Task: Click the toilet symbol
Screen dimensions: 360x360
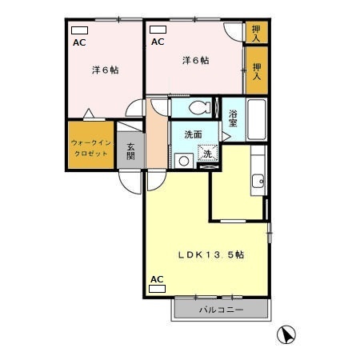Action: click(200, 107)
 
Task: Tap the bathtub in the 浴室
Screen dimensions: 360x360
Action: click(257, 119)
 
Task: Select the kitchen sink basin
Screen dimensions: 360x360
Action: click(258, 182)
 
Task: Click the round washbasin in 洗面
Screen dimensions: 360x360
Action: click(184, 161)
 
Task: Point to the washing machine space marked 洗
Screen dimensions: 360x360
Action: click(207, 153)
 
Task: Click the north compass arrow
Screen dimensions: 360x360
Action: click(286, 335)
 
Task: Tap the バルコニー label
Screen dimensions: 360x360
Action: click(222, 310)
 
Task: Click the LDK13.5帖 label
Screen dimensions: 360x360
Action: click(210, 255)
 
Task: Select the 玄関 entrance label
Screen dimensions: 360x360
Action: click(130, 151)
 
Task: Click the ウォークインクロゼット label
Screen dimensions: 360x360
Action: click(91, 148)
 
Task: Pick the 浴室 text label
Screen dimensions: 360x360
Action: click(233, 118)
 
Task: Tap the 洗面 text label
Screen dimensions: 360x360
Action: click(193, 134)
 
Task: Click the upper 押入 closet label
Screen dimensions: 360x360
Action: click(256, 34)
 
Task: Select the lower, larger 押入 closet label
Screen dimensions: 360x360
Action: click(257, 71)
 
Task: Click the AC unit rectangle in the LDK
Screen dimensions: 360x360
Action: click(158, 289)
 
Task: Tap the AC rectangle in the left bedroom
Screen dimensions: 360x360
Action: click(79, 30)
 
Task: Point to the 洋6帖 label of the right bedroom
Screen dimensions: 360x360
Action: click(196, 61)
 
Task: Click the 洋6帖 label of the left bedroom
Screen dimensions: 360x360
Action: click(106, 70)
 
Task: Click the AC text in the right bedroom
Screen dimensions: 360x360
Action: click(158, 42)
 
